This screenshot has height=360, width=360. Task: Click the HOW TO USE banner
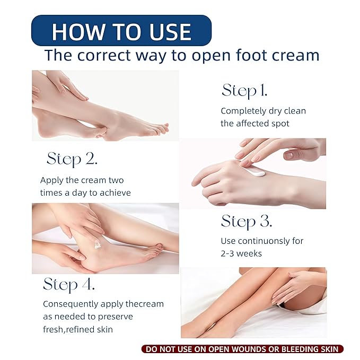click(x=121, y=31)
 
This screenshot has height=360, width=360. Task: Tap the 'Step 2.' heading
click(x=72, y=159)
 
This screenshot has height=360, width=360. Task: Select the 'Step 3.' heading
click(x=247, y=221)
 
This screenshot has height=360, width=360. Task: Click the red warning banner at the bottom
click(x=242, y=349)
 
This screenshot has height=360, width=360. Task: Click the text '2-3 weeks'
click(x=241, y=253)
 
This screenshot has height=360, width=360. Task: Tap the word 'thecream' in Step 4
click(x=145, y=304)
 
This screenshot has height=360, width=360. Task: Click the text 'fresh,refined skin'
click(x=78, y=329)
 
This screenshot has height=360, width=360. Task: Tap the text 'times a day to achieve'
click(x=85, y=192)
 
